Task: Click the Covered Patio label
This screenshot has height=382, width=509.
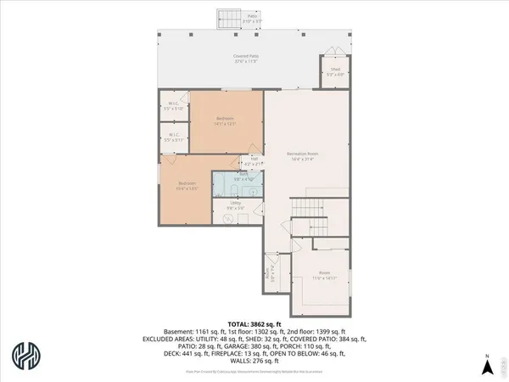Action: point(246,59)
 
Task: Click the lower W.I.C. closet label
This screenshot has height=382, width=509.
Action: point(173,136)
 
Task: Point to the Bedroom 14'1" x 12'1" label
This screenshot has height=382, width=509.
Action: point(226,121)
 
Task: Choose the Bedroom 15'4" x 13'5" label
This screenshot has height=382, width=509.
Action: point(187,185)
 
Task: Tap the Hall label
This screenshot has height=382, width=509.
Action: point(255,160)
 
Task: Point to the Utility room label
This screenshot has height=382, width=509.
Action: point(238,205)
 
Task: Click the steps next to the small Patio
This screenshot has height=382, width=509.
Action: point(229,19)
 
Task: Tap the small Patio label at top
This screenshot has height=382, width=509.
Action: point(252,17)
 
